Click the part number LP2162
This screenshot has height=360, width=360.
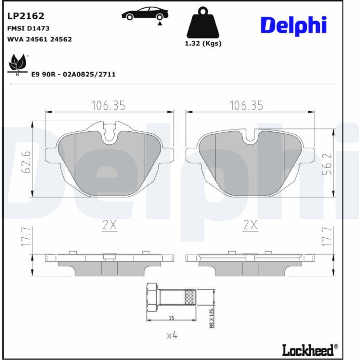click(x=26, y=16)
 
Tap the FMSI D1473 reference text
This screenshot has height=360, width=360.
click(x=28, y=28)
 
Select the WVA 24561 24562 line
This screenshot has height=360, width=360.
click(x=40, y=39)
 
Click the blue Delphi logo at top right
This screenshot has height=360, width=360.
click(x=293, y=26)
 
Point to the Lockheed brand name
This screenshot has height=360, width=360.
click(x=308, y=350)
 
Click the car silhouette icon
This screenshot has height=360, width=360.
click(x=145, y=14)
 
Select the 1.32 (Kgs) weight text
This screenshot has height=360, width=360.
click(x=203, y=44)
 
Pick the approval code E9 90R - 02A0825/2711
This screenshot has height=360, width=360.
click(x=73, y=75)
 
